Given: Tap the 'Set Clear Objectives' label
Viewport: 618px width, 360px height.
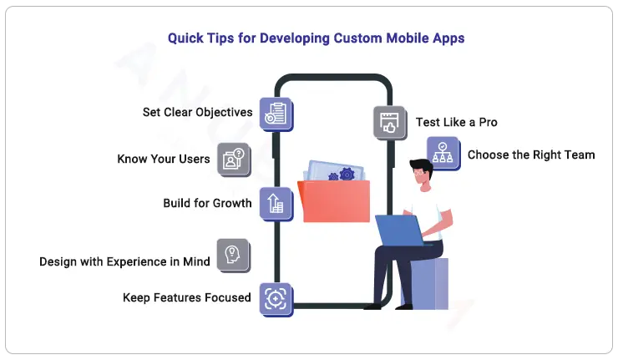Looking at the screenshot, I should coord(197,112).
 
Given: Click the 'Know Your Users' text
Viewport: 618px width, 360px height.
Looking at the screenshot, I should coord(164,159).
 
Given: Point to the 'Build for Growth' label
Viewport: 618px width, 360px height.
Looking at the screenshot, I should coord(207,203).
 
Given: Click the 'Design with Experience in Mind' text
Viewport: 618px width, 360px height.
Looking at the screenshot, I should coord(124,261).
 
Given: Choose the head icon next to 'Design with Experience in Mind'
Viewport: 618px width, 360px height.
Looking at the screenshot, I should coord(233,255).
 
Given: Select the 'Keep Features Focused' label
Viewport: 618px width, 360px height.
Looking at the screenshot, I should coord(186,297).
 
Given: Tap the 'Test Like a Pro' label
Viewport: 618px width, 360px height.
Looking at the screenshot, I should coord(456,122).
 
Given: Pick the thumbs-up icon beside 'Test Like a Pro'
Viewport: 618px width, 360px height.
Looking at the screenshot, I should coord(388,122).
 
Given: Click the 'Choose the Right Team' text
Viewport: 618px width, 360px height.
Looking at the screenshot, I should coord(530,155).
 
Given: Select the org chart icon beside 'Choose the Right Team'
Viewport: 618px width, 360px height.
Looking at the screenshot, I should coord(443,153).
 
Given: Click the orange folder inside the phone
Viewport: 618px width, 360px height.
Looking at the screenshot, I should coord(334,200).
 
